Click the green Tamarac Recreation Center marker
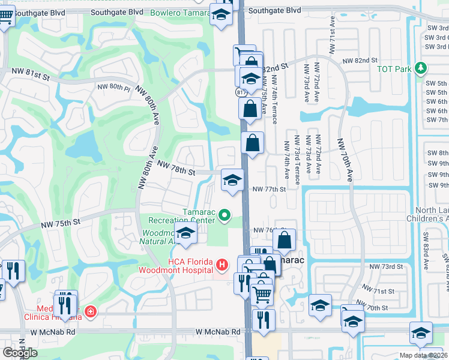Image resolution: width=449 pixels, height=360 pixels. tap(224, 214)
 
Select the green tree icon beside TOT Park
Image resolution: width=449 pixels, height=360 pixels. tap(422, 68)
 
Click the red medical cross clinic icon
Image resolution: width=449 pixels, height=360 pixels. tap(90, 312)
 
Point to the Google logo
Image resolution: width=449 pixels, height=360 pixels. tap(19, 352)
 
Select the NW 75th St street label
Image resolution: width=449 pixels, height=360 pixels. tap(61, 223)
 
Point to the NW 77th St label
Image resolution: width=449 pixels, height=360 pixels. tap(268, 189)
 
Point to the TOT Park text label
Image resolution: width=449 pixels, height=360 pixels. tap(394, 69)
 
